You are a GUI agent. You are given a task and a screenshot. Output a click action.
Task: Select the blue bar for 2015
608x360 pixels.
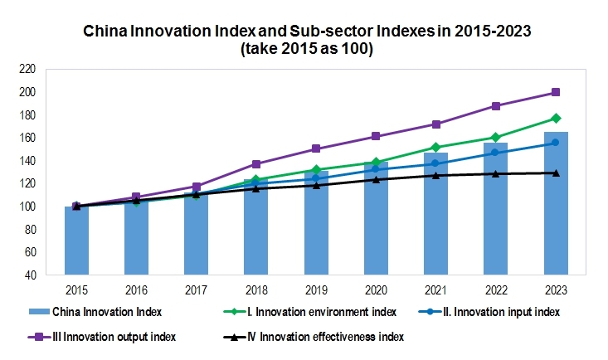76,241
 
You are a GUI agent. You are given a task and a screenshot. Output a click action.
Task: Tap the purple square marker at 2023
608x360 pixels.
556,92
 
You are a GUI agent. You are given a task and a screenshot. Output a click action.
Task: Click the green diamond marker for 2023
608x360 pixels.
556,119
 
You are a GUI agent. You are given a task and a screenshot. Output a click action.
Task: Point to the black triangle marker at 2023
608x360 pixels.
556,173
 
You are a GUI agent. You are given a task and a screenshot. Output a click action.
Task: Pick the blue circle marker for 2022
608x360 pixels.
496,153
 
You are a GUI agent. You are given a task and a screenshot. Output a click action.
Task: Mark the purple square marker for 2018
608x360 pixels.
256,164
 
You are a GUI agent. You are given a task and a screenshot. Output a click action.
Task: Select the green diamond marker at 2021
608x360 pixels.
435,148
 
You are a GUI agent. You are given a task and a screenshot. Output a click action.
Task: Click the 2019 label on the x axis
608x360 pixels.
316,290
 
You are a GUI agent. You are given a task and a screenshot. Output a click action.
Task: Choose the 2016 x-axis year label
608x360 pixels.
136,290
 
